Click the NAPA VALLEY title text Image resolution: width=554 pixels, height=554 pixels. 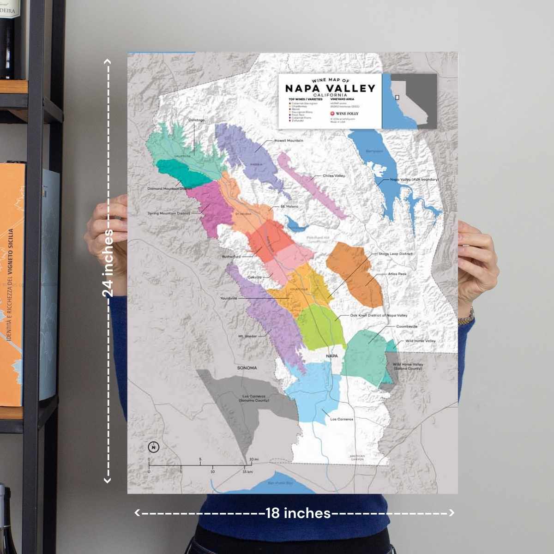[x=330, y=88]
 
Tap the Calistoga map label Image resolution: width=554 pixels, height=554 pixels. [x=196, y=120]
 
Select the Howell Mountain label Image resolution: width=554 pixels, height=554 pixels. [x=289, y=140]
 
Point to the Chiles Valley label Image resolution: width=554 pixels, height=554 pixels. [x=334, y=176]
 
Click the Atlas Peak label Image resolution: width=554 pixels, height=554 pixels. [x=397, y=274]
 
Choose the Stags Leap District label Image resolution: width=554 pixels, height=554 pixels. [x=396, y=254]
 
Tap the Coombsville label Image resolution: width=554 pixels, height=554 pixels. [x=407, y=326]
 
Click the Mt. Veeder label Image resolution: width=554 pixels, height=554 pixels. [x=247, y=336]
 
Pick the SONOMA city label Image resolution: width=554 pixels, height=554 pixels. [x=247, y=368]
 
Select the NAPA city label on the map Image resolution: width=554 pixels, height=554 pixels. [x=332, y=356]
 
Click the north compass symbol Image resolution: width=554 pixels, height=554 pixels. [x=154, y=447]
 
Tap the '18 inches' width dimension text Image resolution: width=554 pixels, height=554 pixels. [x=298, y=513]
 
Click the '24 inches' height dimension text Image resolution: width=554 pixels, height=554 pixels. [x=108, y=263]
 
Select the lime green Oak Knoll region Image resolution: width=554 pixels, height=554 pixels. [x=321, y=325]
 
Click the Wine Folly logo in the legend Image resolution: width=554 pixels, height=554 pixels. [x=344, y=114]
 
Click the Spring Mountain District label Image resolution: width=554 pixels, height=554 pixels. [x=169, y=213]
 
